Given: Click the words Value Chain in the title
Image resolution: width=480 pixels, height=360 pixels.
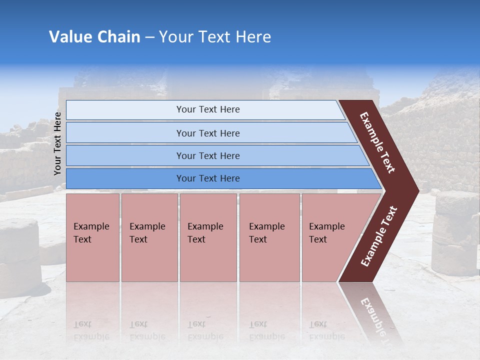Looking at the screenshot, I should (94, 37).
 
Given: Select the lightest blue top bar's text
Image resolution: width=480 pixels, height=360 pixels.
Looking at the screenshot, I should (208, 109).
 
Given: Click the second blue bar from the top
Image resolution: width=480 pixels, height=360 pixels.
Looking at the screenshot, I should (208, 133).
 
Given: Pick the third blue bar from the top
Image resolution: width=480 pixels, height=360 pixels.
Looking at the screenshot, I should (208, 155).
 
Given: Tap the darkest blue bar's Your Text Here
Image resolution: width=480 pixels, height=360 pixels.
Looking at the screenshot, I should (208, 178).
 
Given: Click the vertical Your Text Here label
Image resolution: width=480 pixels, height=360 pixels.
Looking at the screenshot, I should (58, 143).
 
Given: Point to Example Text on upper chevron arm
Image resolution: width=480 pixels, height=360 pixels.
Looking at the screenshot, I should (377, 142).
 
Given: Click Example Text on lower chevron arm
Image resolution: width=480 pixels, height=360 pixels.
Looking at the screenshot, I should (379, 236).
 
